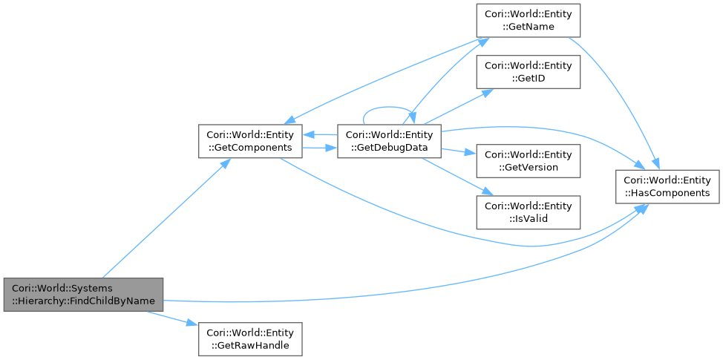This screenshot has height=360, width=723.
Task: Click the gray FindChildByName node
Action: [x=82, y=295]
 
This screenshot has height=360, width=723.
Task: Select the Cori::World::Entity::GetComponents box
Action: [x=250, y=141]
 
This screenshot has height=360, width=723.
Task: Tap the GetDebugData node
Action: [x=389, y=141]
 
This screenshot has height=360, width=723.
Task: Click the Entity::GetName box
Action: [x=528, y=20]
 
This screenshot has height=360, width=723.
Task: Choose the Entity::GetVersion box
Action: [x=528, y=161]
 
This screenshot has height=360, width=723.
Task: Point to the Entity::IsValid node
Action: [x=528, y=212]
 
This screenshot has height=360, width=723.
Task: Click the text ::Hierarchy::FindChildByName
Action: [x=82, y=301]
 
